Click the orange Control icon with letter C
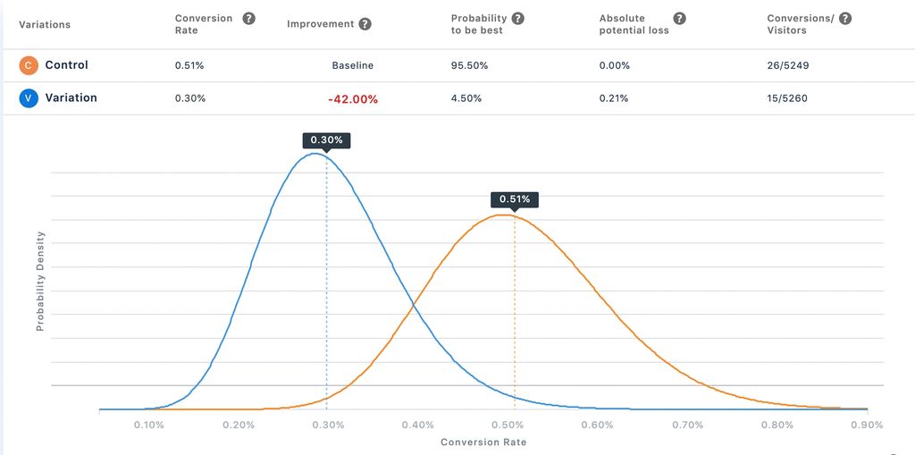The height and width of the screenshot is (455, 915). (x=28, y=65)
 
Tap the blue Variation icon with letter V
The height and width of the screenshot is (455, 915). (x=28, y=98)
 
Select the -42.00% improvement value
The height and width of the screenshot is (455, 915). (x=352, y=99)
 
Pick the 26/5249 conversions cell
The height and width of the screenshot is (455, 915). (x=787, y=65)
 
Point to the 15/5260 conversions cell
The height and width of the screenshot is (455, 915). (x=787, y=98)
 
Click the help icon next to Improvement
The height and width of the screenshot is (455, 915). (x=365, y=24)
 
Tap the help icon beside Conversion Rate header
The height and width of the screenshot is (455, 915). (x=249, y=18)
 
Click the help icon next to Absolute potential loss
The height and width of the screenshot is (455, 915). (x=679, y=18)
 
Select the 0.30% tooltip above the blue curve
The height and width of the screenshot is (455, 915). (x=326, y=140)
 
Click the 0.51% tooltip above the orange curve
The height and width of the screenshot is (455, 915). (x=515, y=199)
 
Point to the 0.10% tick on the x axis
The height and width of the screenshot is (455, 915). (x=148, y=425)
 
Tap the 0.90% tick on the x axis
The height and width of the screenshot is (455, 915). (x=867, y=425)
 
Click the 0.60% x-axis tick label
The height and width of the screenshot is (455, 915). (x=598, y=425)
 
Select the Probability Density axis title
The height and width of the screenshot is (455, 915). (x=40, y=281)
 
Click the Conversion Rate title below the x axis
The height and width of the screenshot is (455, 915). (x=483, y=442)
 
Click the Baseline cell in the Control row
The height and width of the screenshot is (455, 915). (x=352, y=65)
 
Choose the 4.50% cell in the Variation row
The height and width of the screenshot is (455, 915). (x=466, y=98)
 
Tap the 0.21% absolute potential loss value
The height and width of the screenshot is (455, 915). (x=614, y=98)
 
